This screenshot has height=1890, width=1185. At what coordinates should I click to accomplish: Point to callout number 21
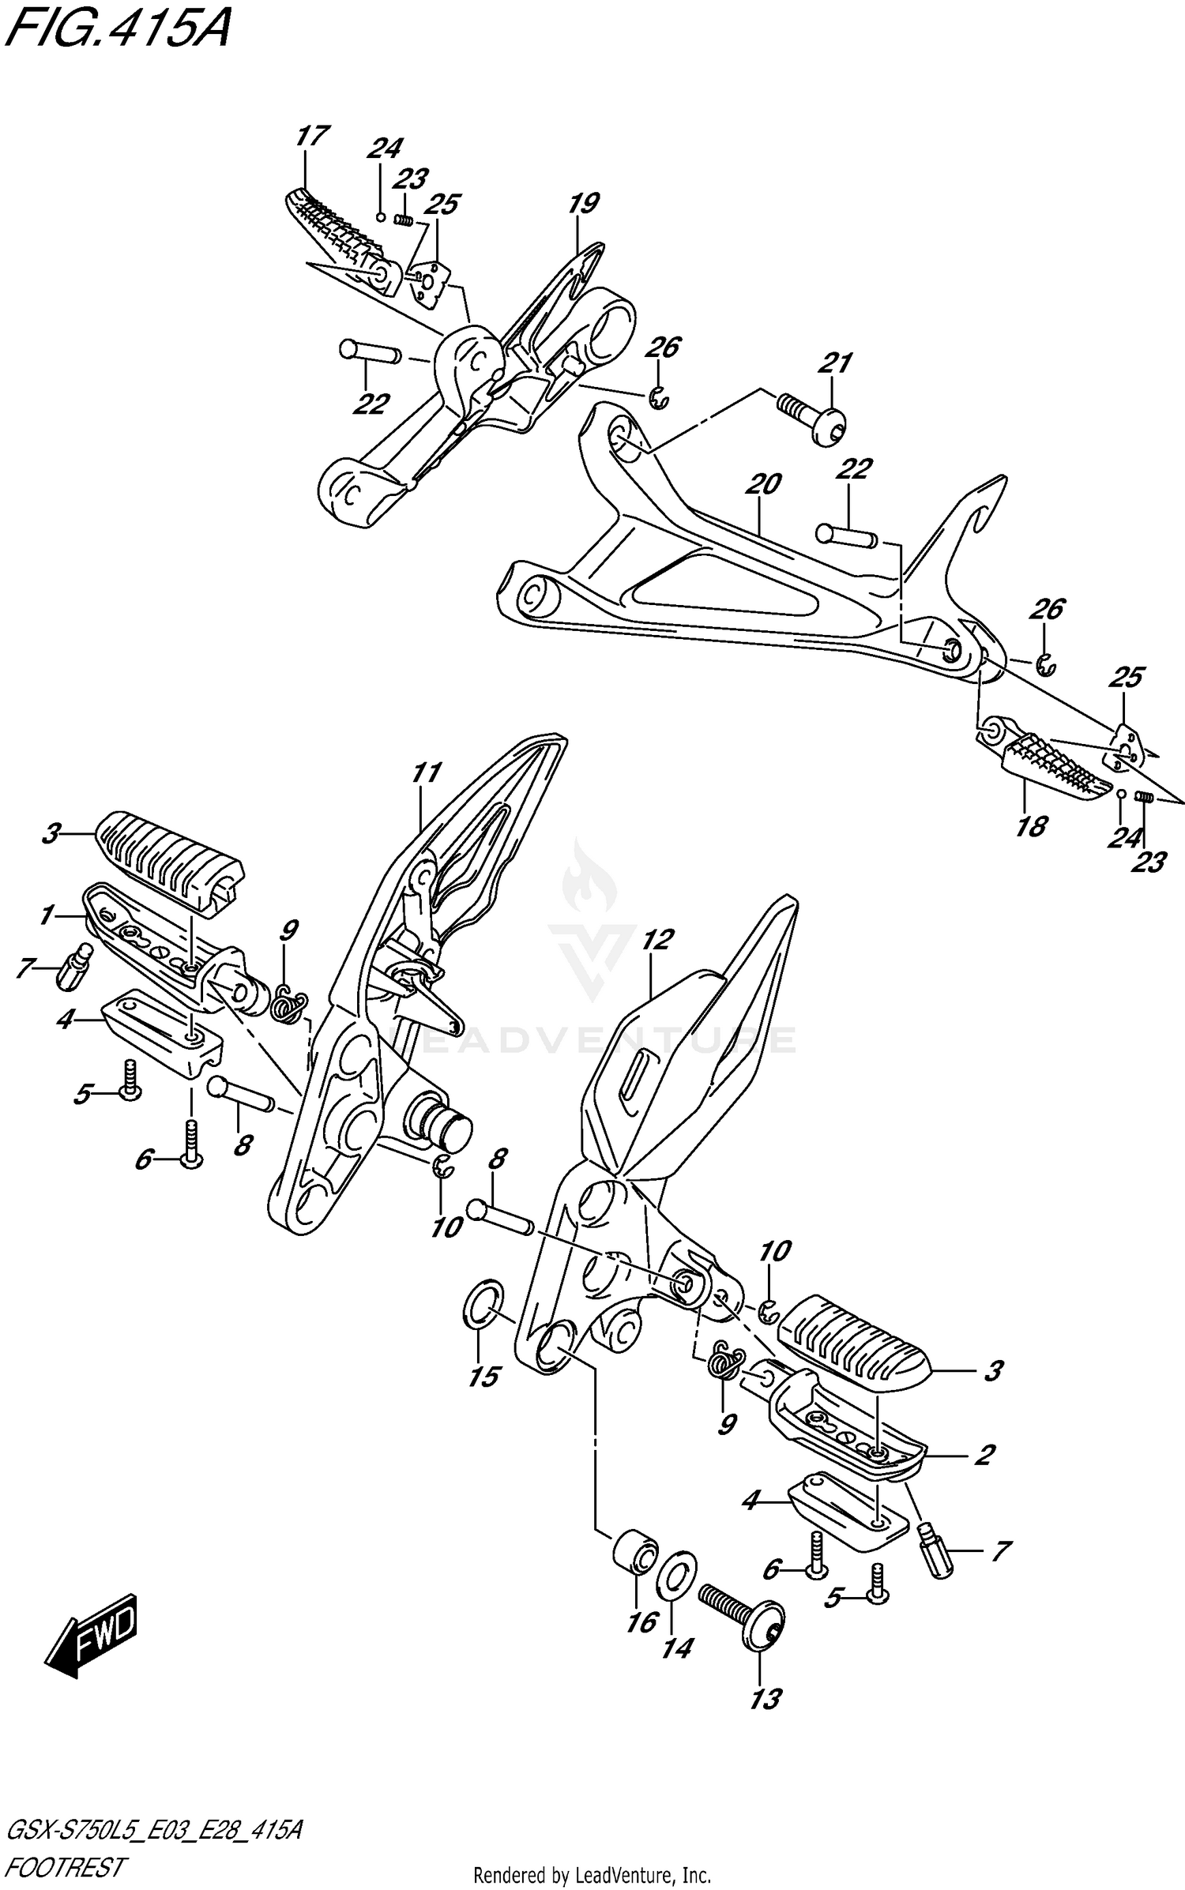point(834,363)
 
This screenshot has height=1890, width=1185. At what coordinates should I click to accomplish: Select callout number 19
point(582,204)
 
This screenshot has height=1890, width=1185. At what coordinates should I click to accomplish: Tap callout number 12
point(656,939)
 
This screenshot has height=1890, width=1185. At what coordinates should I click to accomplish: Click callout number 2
point(984,1454)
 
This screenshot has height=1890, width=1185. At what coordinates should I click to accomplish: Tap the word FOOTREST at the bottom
point(65,1862)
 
